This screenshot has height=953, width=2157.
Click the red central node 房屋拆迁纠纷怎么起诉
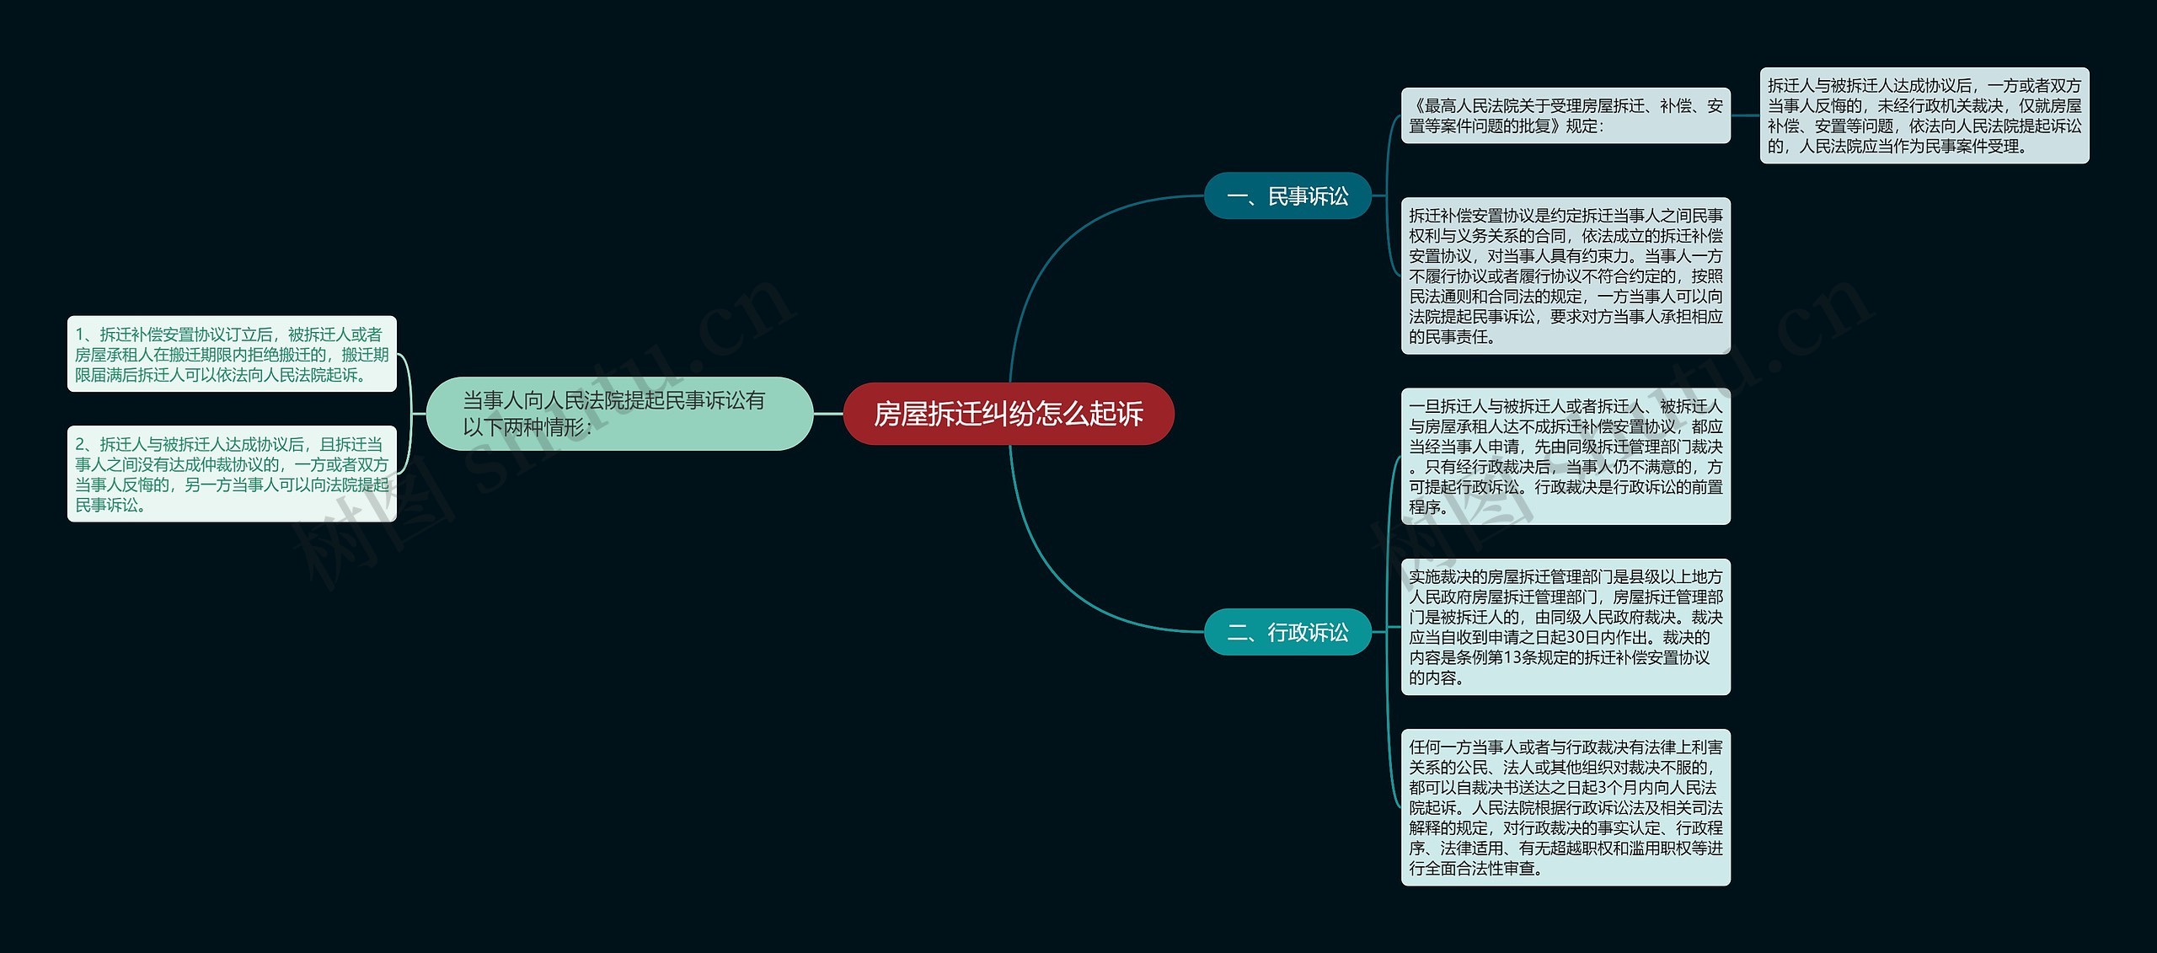tap(1008, 414)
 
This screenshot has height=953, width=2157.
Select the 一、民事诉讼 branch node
tap(1287, 196)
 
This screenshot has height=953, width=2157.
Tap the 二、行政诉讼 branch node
tap(1287, 632)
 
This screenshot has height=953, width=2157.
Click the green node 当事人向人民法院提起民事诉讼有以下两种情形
tap(619, 414)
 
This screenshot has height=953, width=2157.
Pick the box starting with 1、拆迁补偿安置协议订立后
tap(232, 354)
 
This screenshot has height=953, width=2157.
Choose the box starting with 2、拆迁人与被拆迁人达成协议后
tap(232, 474)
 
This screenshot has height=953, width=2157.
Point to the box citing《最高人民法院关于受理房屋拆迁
tap(1566, 115)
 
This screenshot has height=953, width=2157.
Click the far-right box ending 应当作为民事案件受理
tap(1924, 115)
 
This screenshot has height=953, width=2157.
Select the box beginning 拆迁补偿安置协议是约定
tap(1566, 276)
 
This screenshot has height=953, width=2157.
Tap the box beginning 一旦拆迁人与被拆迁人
tap(1566, 456)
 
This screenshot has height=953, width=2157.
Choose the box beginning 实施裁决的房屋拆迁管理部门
tap(1566, 627)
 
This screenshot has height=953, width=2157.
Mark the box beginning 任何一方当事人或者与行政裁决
tap(1566, 807)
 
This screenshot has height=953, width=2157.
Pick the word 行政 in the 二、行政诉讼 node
tap(1287, 632)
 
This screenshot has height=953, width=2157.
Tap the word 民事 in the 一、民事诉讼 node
tap(1287, 196)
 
